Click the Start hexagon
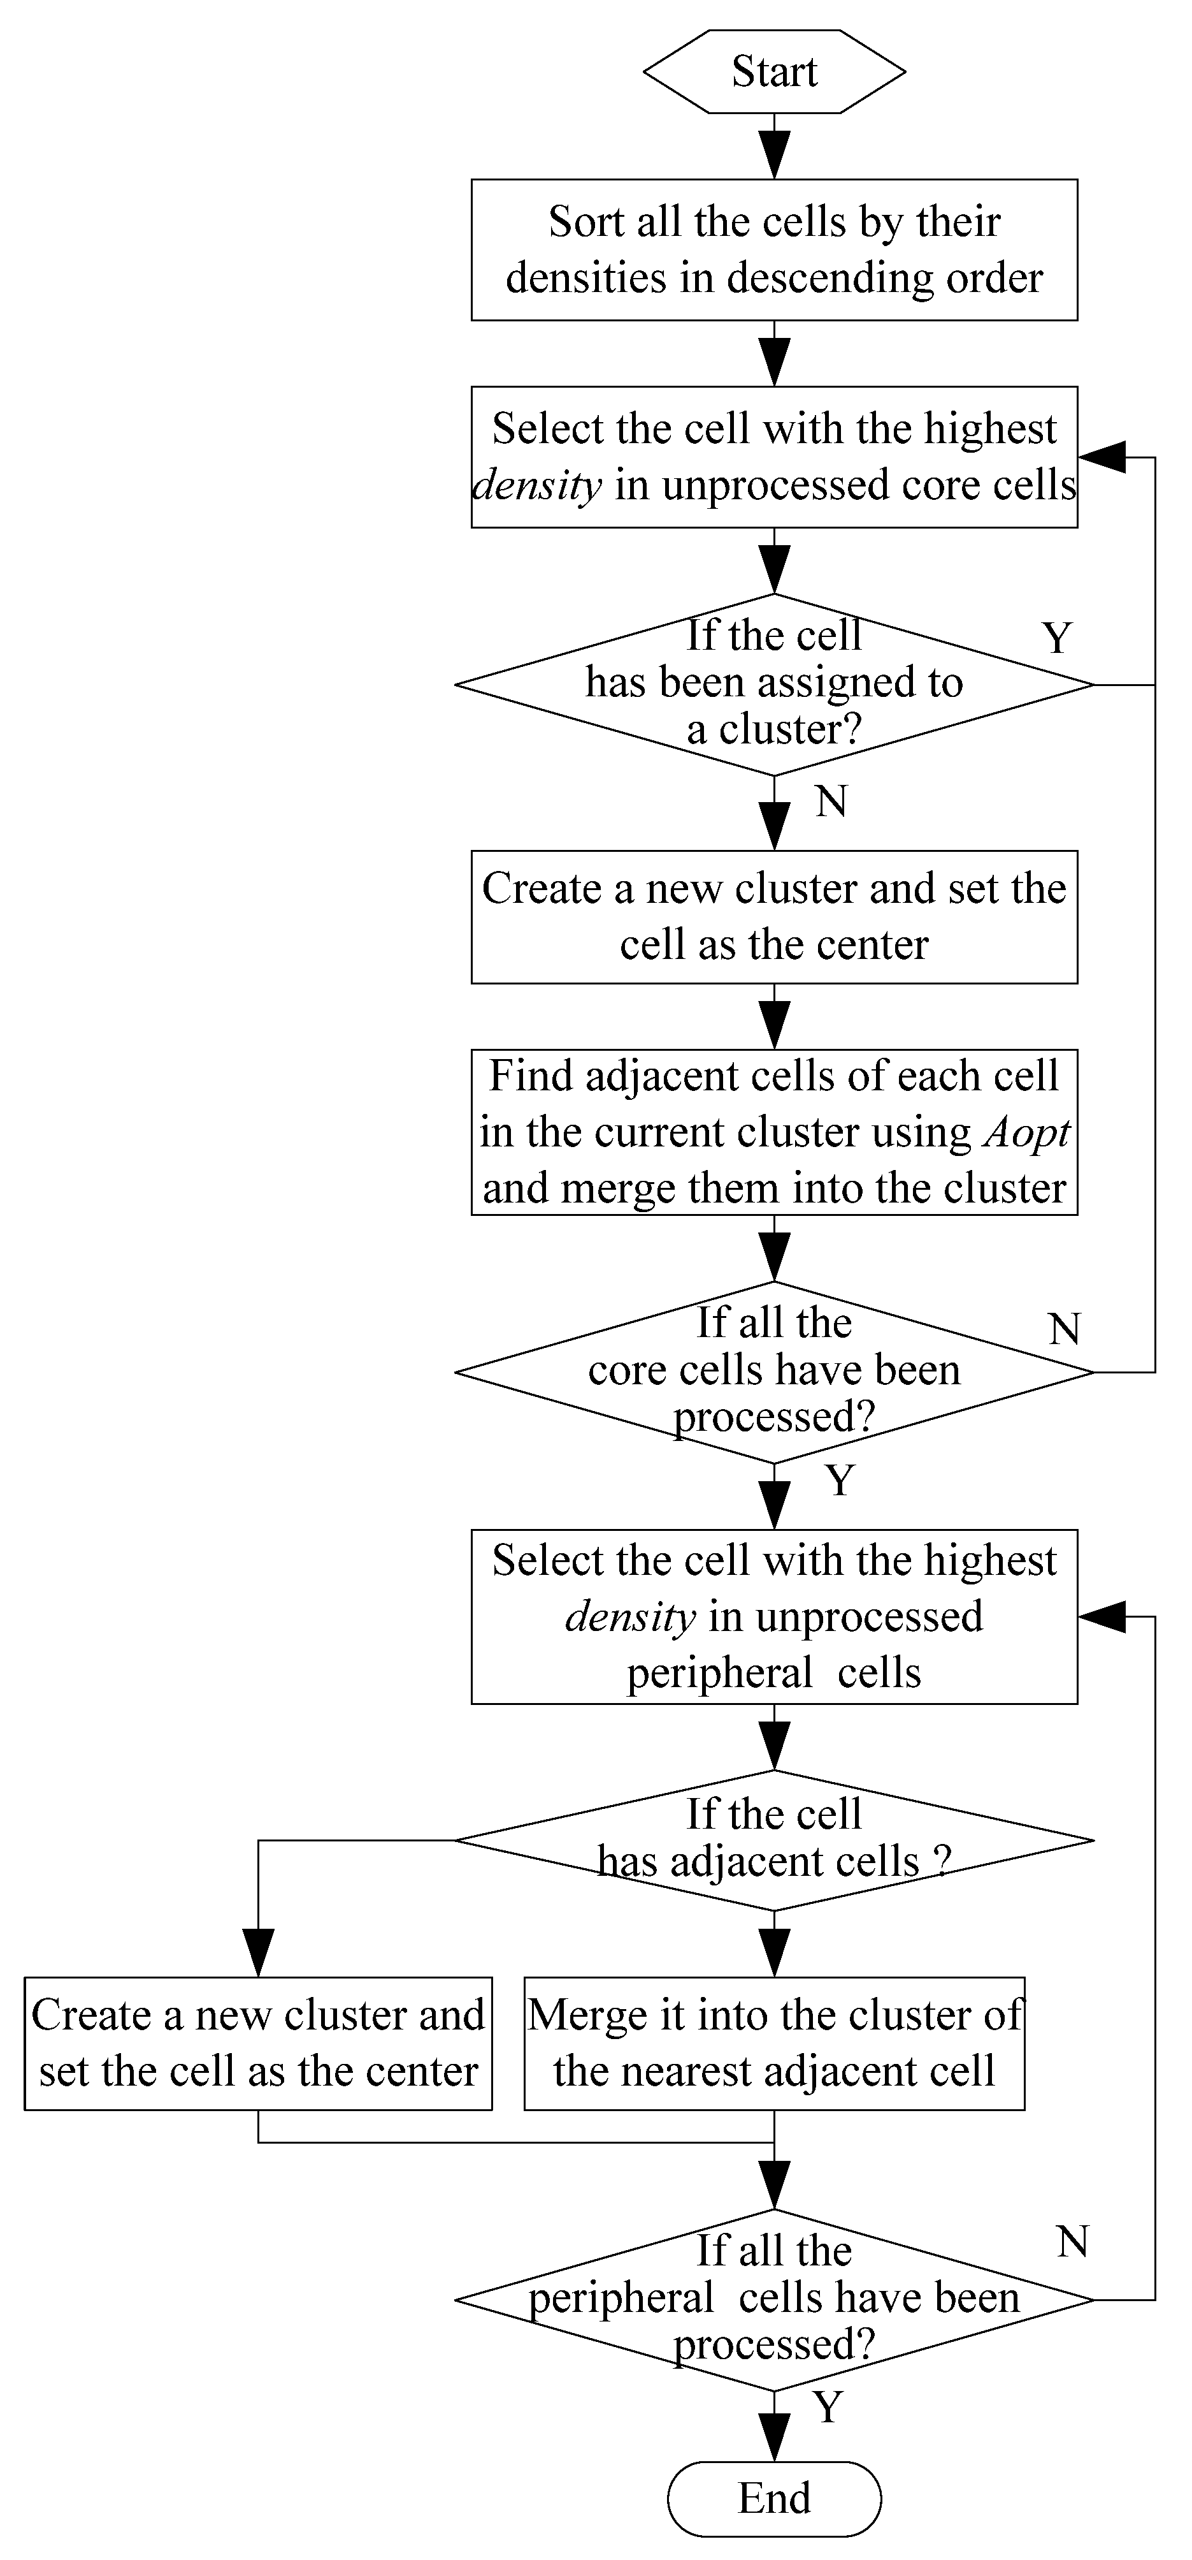click(x=774, y=71)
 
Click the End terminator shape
click(x=774, y=2498)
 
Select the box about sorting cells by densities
click(x=774, y=249)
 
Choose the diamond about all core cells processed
click(x=774, y=1371)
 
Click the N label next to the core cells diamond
click(x=1064, y=1329)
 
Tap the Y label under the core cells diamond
click(x=839, y=1481)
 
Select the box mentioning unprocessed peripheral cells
click(x=774, y=1617)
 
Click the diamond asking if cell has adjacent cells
click(x=774, y=1841)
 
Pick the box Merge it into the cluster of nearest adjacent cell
click(x=774, y=2044)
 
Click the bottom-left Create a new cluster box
click(x=258, y=2044)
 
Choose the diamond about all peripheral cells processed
click(x=774, y=2300)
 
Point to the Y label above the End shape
click(x=828, y=2407)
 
